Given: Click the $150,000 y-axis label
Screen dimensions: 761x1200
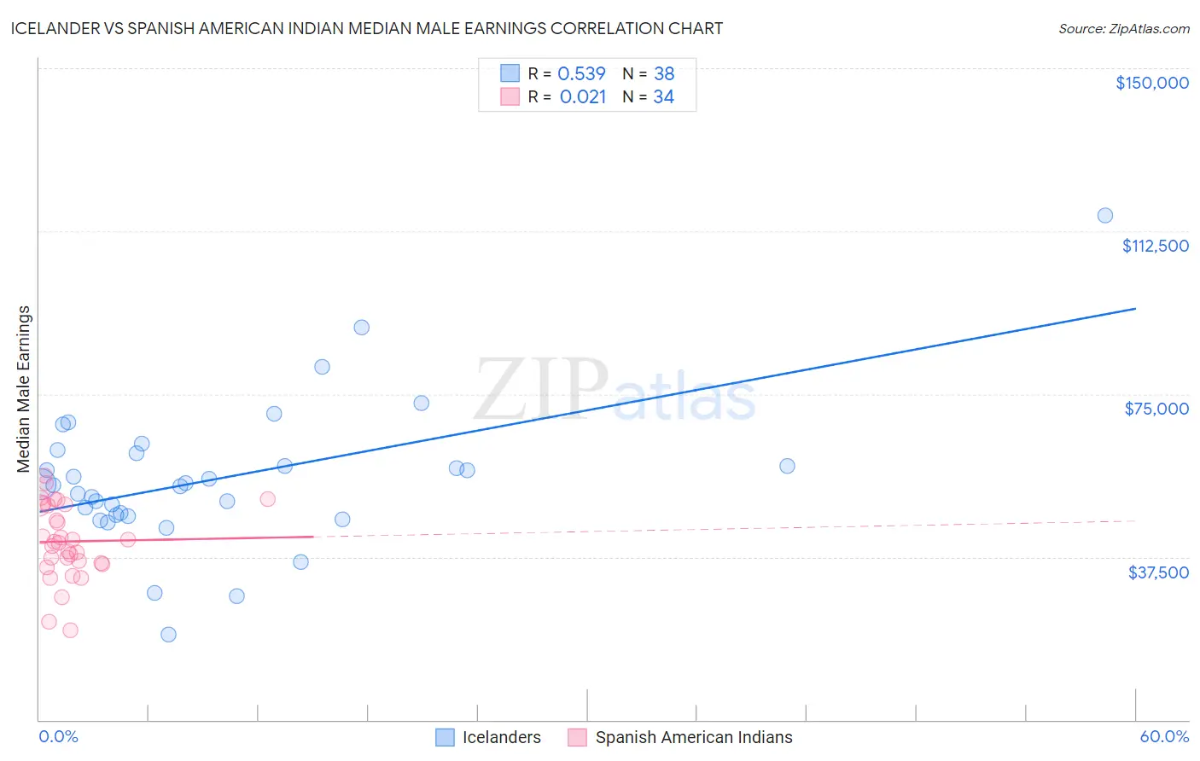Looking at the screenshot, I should (x=1151, y=83).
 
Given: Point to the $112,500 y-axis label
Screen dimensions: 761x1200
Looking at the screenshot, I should (x=1155, y=246).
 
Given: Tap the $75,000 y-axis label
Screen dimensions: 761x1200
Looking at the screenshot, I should (x=1156, y=409).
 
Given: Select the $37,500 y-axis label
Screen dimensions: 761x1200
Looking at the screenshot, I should (x=1158, y=572).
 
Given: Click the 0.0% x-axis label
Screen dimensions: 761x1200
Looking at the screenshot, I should (x=58, y=737).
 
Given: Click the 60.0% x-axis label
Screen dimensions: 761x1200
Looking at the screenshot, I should (x=1163, y=737).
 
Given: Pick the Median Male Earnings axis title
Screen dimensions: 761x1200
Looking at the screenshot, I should (x=24, y=389).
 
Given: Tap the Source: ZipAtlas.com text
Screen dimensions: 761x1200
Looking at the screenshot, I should (x=1123, y=28).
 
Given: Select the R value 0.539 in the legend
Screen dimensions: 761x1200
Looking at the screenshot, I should (x=581, y=74).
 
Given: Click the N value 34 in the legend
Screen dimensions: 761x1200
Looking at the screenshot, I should (x=663, y=97).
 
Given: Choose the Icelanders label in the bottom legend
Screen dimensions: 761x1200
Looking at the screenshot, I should (x=501, y=738).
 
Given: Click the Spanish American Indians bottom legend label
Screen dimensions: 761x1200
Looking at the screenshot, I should (x=693, y=738).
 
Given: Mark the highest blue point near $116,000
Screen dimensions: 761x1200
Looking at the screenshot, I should (x=1104, y=215).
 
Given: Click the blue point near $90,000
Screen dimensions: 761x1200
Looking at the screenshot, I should (x=362, y=328).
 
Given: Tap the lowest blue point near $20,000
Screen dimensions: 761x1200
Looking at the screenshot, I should (x=168, y=635).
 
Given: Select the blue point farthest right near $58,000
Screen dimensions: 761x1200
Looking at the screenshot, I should (x=787, y=466).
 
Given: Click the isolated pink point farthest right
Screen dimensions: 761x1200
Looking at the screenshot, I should (x=268, y=499).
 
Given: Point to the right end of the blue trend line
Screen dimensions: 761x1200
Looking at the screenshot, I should (x=1135, y=308).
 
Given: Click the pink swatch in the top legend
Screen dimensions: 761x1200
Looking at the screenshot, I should (x=510, y=96).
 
